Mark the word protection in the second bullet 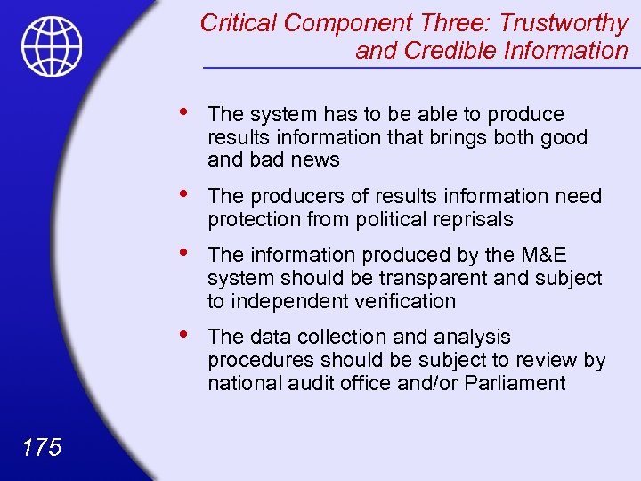(x=251, y=219)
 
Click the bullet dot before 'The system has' (x=183, y=111)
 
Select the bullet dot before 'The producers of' (x=183, y=193)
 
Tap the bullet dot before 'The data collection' (x=183, y=334)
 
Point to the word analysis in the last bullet (x=479, y=338)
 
